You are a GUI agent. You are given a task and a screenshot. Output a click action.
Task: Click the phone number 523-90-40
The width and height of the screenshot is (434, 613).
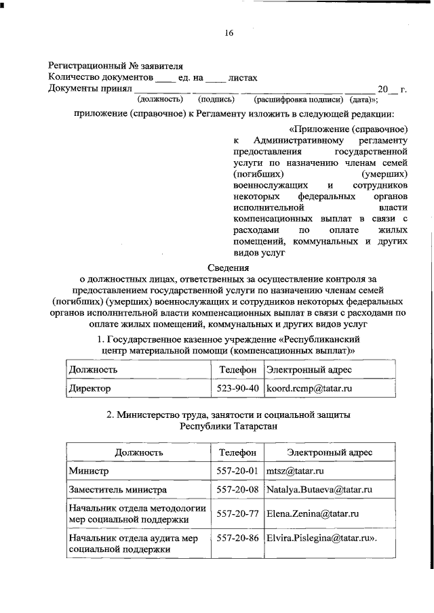click(237, 389)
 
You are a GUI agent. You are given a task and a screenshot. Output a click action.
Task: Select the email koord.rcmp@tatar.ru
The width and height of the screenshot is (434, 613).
click(309, 389)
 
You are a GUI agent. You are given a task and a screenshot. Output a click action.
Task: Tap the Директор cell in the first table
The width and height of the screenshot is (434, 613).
click(90, 389)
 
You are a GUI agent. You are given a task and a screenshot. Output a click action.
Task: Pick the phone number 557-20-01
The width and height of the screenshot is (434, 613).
click(237, 470)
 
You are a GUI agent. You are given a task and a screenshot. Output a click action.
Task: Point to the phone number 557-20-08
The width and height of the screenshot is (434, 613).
click(237, 489)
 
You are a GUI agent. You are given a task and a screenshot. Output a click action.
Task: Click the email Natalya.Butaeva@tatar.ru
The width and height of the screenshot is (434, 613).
click(320, 489)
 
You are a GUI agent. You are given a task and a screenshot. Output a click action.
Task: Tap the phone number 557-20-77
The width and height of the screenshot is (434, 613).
click(237, 513)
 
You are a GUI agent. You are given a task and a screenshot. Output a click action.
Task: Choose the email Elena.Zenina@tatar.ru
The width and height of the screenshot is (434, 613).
click(312, 513)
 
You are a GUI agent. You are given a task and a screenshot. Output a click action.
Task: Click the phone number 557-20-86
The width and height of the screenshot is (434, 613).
click(237, 538)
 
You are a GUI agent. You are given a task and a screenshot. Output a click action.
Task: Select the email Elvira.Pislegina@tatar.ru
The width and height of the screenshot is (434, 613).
click(321, 538)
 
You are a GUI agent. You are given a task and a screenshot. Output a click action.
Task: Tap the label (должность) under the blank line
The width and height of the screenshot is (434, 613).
click(160, 99)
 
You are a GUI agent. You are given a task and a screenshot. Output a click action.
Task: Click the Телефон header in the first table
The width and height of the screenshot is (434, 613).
click(237, 370)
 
